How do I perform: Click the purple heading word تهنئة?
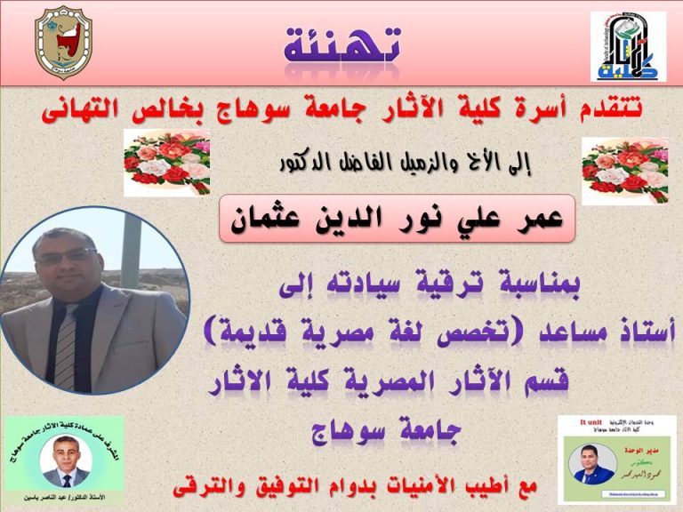[x=341, y=44]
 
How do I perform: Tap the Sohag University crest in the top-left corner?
[x=62, y=43]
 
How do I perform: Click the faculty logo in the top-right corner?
[x=628, y=46]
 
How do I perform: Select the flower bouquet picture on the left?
[x=166, y=163]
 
